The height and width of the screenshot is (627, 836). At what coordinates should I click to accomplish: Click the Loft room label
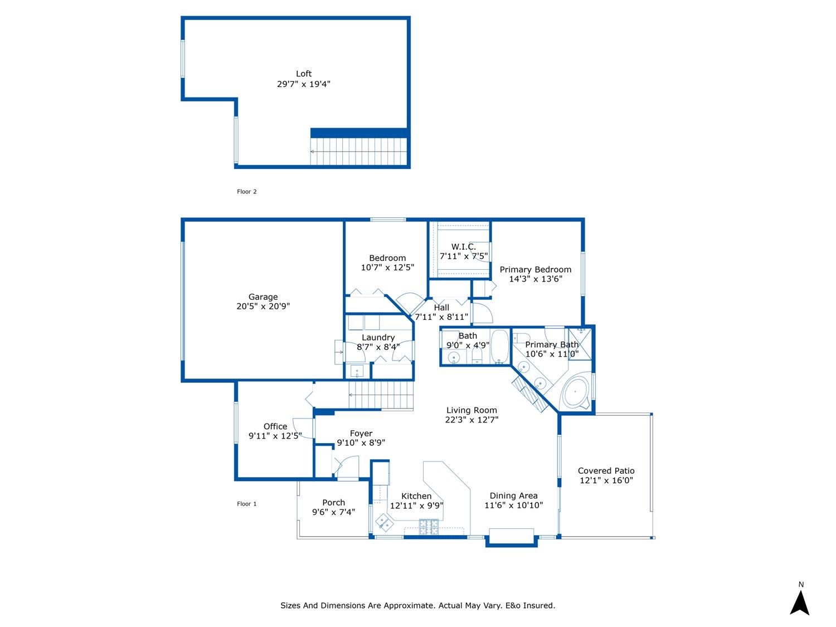point(304,74)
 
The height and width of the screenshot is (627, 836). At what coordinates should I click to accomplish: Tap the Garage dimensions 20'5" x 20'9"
point(263,306)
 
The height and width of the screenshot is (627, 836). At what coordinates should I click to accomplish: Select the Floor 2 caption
point(246,192)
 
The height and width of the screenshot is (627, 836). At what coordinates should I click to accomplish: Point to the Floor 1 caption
point(246,504)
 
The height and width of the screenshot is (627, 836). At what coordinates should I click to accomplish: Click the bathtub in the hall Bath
point(499,347)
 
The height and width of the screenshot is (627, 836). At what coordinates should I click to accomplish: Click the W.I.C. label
point(463,247)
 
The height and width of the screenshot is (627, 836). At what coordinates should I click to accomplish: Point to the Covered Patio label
point(606,471)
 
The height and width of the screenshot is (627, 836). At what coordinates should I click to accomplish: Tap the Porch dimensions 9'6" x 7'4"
point(333,512)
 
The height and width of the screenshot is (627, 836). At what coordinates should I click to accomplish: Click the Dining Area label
point(513,495)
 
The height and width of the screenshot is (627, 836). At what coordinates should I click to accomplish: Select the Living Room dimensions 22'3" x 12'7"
point(472,420)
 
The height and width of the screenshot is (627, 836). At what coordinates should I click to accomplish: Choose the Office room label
point(275,426)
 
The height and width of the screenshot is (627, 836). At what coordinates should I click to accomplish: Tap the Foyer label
point(361,433)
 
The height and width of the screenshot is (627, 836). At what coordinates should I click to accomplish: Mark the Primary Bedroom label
point(535,270)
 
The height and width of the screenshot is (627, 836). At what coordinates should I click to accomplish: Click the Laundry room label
point(378,338)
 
